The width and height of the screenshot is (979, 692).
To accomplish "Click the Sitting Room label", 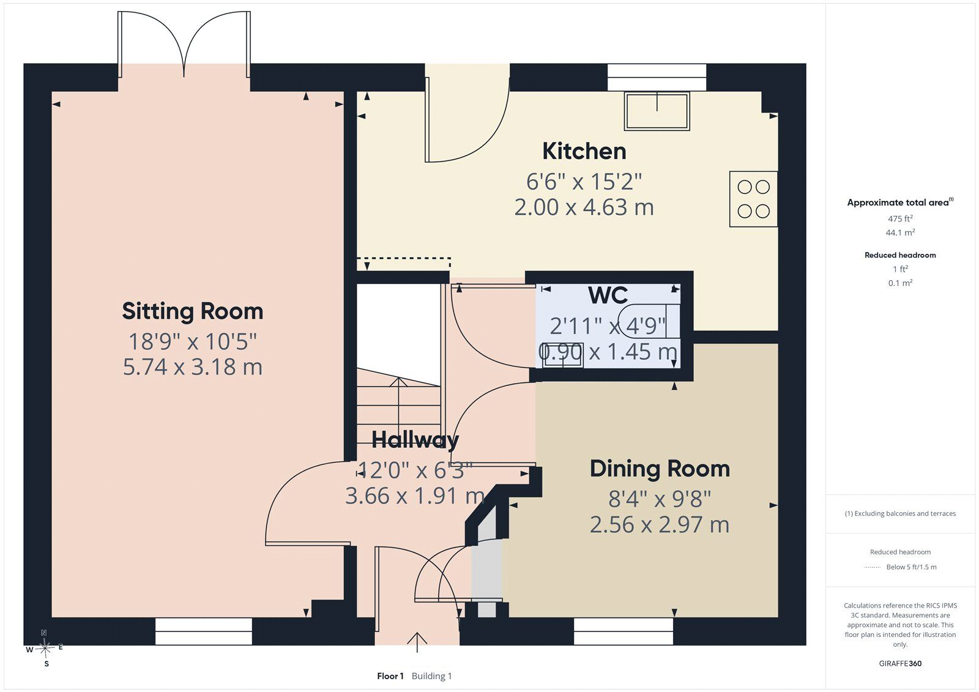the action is [193, 311].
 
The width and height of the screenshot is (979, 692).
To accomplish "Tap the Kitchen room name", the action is [584, 151].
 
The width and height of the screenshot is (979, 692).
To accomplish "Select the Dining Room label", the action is [660, 469].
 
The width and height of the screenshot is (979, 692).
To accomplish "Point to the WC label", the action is [608, 295].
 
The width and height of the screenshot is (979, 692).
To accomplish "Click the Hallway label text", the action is [415, 440].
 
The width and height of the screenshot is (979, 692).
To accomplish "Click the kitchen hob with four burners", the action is [753, 199].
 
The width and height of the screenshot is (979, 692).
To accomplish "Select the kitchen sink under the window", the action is [657, 111].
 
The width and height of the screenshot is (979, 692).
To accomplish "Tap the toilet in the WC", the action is [650, 321].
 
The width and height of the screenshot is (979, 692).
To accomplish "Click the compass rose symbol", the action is [45, 648].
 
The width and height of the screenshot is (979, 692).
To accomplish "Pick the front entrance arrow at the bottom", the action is [417, 642].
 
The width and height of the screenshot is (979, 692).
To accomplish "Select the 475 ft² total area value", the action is [900, 218].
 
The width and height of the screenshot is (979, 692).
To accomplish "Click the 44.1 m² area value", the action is [900, 232].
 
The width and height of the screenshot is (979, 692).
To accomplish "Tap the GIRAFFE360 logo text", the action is [900, 663].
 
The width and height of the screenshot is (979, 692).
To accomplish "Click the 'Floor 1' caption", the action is [390, 676].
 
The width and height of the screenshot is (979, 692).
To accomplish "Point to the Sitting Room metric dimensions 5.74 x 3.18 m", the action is [193, 366].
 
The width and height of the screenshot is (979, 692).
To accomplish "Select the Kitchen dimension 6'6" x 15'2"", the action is [584, 182].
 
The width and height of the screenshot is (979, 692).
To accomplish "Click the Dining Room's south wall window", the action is [624, 631].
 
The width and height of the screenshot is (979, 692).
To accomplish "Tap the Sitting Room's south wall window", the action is [204, 631].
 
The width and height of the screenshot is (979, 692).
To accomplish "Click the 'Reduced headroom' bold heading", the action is [900, 255].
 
